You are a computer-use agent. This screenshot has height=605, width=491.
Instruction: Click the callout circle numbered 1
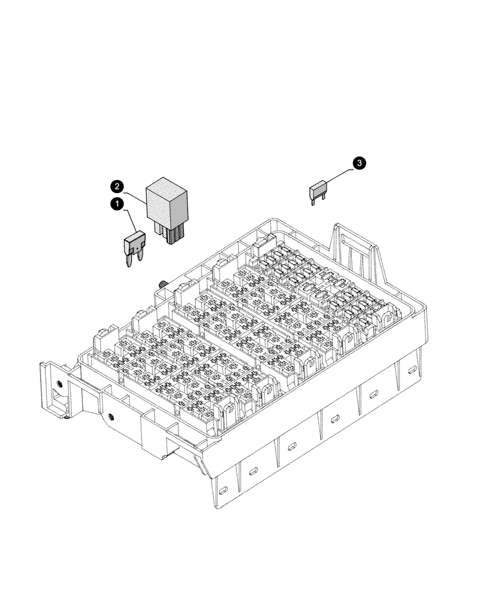tap(115, 205)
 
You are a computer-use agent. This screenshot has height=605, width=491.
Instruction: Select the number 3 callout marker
tap(359, 163)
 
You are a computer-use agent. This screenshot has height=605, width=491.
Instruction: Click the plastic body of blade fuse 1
tap(134, 244)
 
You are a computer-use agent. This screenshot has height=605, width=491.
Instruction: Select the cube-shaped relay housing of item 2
tap(167, 200)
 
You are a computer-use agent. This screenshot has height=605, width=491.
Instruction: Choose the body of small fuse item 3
tap(319, 192)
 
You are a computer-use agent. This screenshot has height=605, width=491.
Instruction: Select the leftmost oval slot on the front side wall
tap(223, 489)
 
